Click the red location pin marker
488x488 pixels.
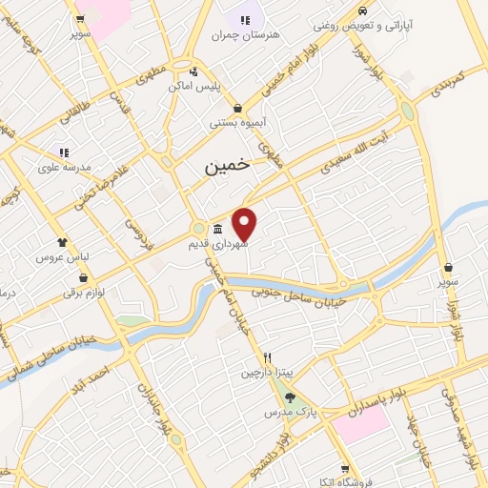click(x=245, y=223)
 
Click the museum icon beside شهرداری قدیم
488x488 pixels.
click(x=218, y=229)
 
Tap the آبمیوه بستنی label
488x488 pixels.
click(x=237, y=123)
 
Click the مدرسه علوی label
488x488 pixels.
click(x=64, y=166)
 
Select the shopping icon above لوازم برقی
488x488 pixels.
click(x=85, y=279)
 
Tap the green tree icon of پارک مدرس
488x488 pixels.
click(x=292, y=399)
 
